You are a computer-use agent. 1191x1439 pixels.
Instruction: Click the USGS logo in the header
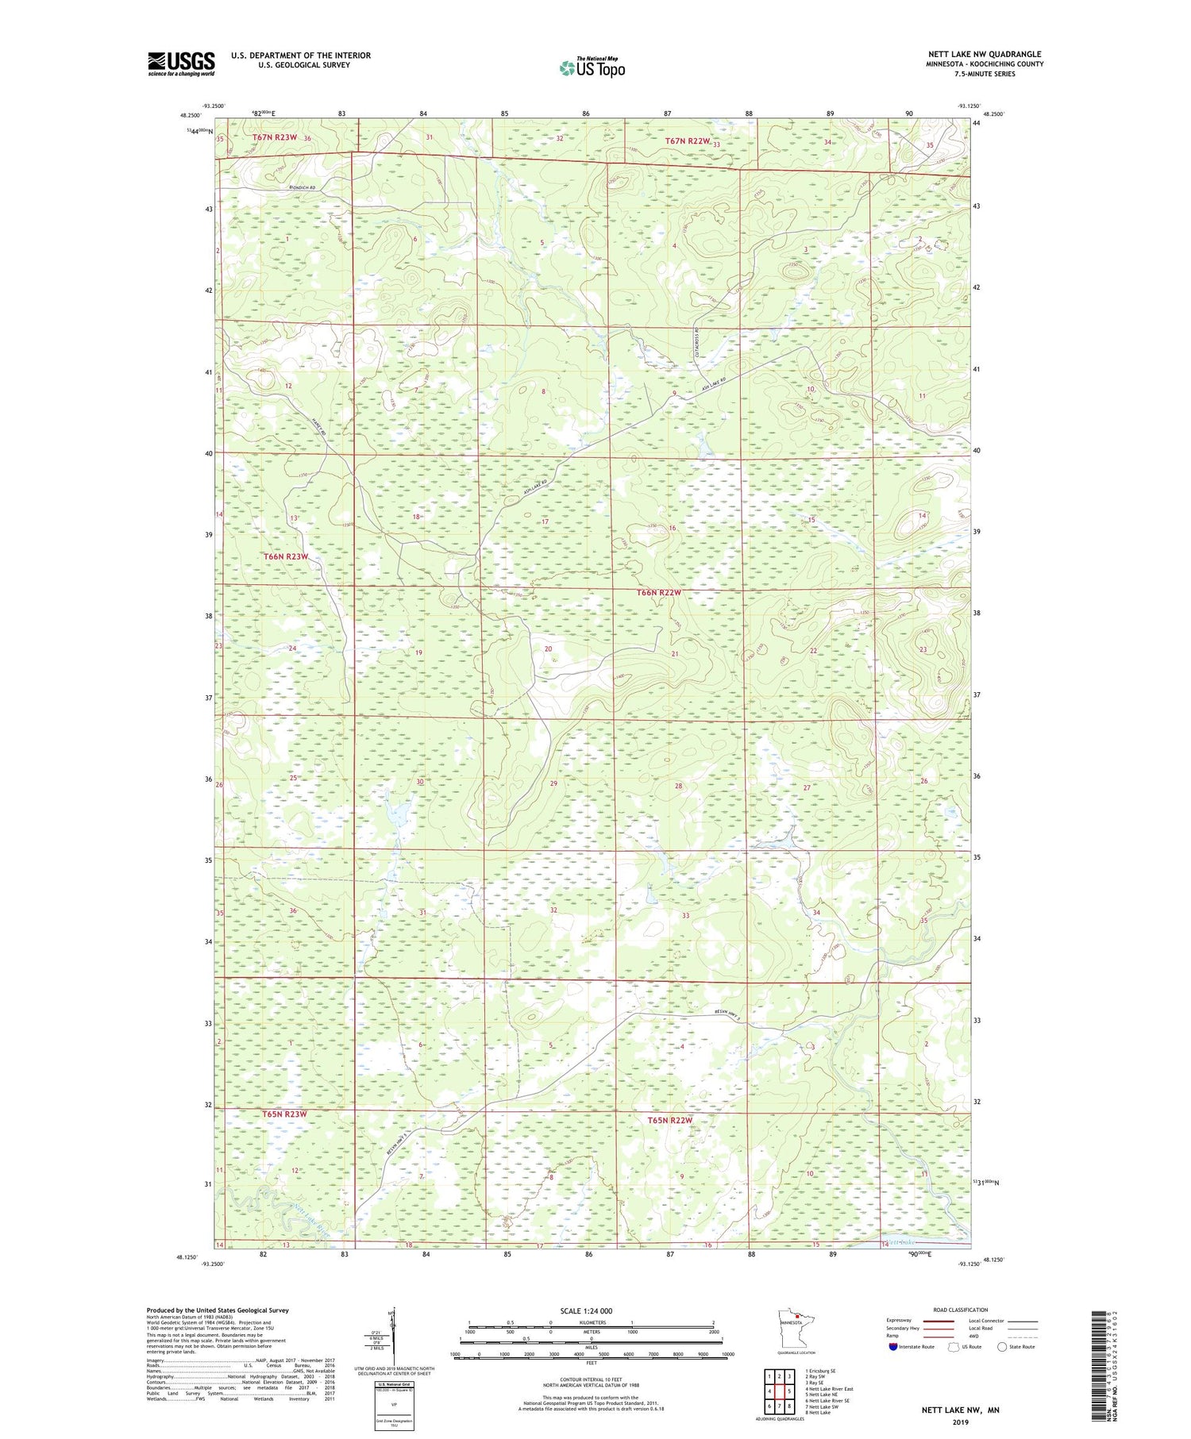point(181,63)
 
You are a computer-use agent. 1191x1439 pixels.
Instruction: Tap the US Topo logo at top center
point(592,67)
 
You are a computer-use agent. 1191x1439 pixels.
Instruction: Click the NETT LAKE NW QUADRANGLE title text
point(985,54)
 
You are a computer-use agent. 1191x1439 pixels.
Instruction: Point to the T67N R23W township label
point(275,137)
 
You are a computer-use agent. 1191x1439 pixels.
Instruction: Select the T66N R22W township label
point(659,593)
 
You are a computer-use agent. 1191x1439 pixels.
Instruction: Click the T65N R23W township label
point(284,1114)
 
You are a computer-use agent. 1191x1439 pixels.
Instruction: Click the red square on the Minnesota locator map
point(798,1317)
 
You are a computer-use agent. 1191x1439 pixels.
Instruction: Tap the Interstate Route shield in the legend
point(894,1347)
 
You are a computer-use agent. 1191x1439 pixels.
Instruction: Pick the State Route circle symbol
point(1002,1347)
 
